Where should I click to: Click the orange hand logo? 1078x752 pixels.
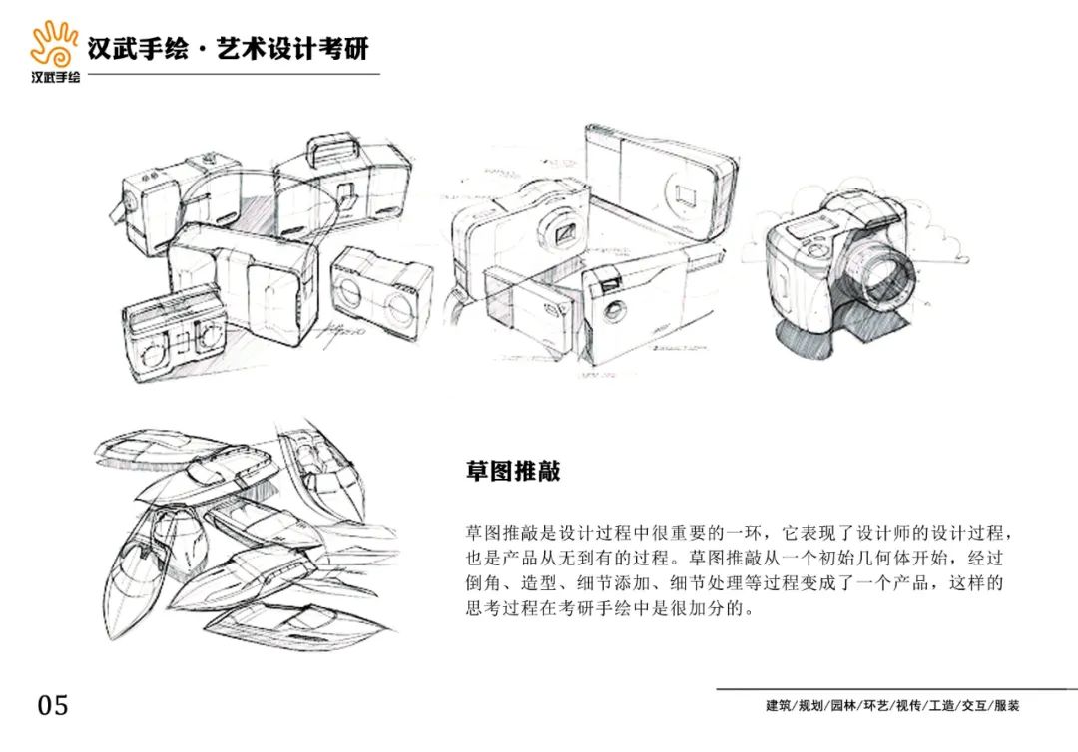(54, 44)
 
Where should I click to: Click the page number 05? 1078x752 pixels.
(53, 705)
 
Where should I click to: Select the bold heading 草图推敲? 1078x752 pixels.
(513, 471)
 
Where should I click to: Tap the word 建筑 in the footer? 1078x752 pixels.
(779, 705)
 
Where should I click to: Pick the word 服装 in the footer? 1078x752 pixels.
(1007, 705)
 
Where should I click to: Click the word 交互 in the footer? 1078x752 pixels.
(974, 705)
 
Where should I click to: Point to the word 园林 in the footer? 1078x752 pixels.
(843, 705)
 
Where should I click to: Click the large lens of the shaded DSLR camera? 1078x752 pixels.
(887, 274)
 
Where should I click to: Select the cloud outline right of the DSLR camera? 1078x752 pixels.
(943, 243)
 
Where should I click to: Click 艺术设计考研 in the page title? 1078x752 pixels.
(292, 48)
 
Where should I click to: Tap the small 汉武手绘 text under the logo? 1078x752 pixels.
(55, 76)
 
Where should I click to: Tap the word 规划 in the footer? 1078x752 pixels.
(810, 705)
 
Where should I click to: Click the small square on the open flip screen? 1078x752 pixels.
(686, 194)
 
